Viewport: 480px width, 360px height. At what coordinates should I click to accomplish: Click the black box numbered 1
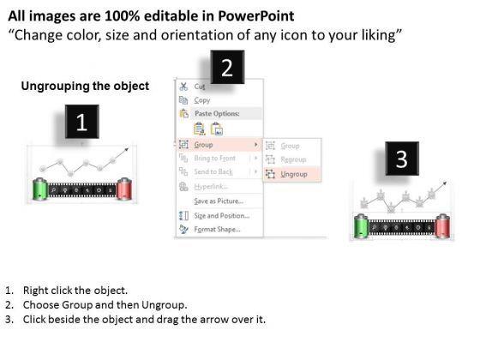click(x=82, y=122)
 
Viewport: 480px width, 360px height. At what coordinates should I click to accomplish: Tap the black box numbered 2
click(x=227, y=67)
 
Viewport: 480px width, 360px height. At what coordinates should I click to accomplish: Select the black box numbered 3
click(x=402, y=159)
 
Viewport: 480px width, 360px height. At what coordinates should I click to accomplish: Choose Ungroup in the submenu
click(x=293, y=174)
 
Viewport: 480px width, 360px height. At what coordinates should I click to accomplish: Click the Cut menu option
click(x=200, y=87)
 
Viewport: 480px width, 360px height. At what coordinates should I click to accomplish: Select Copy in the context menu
click(x=202, y=100)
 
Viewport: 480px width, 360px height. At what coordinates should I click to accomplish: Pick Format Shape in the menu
click(x=217, y=230)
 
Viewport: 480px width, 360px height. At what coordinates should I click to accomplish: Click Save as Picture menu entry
click(x=219, y=201)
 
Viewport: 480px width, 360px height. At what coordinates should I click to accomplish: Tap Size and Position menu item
click(x=222, y=216)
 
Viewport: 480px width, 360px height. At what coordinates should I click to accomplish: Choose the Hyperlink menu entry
click(x=211, y=187)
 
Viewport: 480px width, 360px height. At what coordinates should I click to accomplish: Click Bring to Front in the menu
click(x=214, y=159)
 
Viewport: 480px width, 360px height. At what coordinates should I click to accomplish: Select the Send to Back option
click(x=213, y=172)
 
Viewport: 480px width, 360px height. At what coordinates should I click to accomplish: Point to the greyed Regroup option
click(x=293, y=159)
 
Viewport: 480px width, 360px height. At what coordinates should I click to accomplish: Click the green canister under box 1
click(x=40, y=189)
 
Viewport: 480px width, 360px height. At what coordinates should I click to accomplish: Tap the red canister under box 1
click(x=124, y=189)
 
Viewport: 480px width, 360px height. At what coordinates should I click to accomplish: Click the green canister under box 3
click(x=361, y=226)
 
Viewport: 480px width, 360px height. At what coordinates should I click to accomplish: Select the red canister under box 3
click(x=442, y=226)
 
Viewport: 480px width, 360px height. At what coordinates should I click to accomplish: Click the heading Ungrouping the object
click(x=85, y=86)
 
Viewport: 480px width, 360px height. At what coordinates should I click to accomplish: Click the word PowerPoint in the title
click(x=256, y=16)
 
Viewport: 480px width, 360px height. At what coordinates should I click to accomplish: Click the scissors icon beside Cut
click(x=183, y=87)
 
